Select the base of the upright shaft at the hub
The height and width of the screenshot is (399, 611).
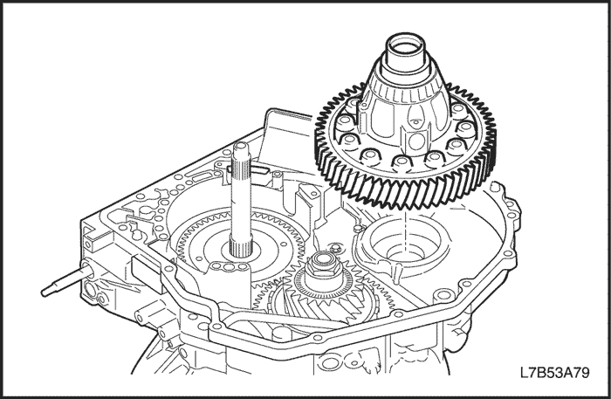click(240, 249)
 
